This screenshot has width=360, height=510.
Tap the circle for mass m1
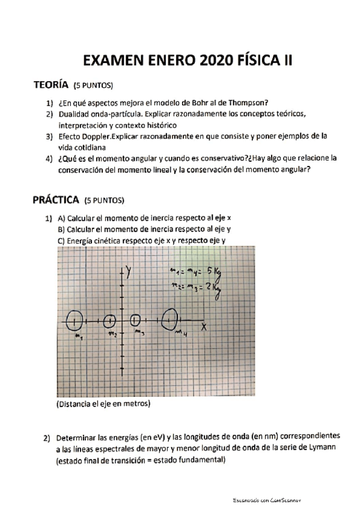point(75,321)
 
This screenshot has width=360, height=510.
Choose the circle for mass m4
point(171,319)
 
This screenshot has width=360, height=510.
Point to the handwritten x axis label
point(204,327)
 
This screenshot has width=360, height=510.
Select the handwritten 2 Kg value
point(213,289)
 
